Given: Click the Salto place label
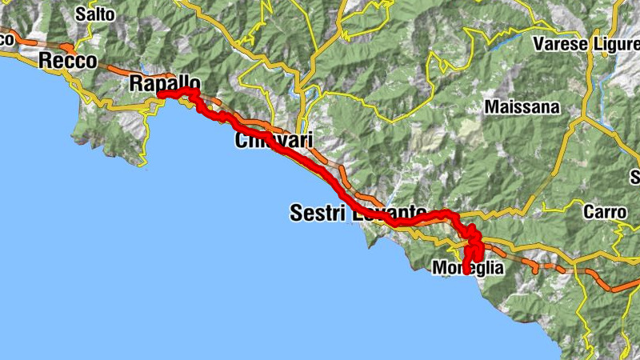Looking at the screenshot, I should (x=95, y=14).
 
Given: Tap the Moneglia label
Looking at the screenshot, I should (x=468, y=269).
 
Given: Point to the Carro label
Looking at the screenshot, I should (x=599, y=213).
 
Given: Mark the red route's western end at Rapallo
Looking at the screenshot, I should (x=160, y=95).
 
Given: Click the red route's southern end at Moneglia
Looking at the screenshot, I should (x=466, y=272).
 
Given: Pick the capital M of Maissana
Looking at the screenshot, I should (x=491, y=106).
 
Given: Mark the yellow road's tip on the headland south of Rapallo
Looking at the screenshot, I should (x=144, y=165).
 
